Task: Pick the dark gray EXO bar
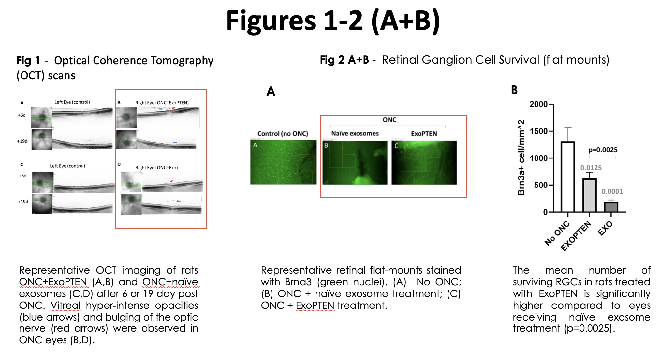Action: pos(611,207)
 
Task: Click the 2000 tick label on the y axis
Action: pos(538,104)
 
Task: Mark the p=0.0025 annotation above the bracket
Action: pos(603,150)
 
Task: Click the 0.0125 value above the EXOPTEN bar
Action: pos(591,168)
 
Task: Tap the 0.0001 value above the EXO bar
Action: pos(612,191)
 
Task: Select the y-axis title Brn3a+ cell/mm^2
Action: pos(521,158)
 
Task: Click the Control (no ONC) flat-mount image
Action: pos(283,162)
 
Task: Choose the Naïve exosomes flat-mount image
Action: pos(355,162)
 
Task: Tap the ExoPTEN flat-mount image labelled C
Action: pos(424,162)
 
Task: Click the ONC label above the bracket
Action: pos(389,120)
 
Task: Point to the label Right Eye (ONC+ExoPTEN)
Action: pos(162,103)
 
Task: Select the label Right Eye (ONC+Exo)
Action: pos(156,168)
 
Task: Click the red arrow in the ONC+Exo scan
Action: pos(171,181)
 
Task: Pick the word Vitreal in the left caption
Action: pos(66,306)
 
